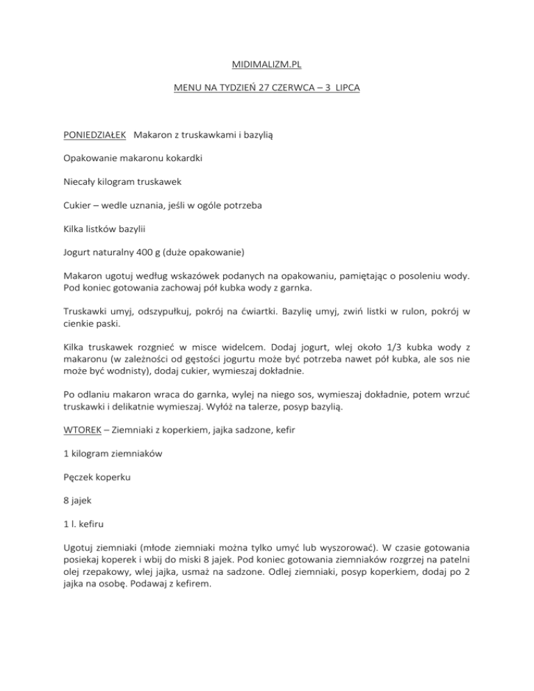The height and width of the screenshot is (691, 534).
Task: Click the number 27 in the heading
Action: [259, 90]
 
